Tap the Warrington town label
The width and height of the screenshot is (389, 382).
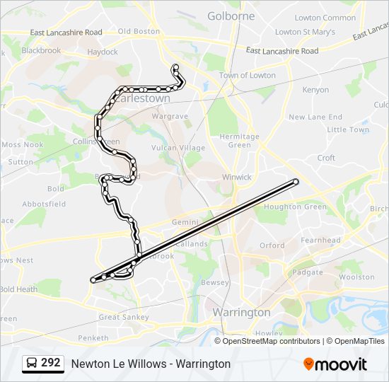(241, 312)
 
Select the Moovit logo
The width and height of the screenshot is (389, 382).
(335, 364)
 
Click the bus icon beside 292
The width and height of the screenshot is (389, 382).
(31, 364)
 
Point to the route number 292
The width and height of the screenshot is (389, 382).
(50, 363)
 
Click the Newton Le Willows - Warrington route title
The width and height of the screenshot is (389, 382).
(151, 364)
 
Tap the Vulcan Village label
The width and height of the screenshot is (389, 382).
(178, 148)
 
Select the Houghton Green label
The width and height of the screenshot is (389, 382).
(295, 207)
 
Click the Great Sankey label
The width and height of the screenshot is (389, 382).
(124, 318)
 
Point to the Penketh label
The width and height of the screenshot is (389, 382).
(93, 338)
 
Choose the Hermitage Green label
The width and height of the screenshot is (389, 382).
(239, 141)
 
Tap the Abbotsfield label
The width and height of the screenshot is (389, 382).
(44, 204)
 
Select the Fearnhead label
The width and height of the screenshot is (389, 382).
(320, 241)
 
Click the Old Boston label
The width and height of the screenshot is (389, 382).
(139, 31)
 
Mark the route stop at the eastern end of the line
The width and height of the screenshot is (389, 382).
(296, 182)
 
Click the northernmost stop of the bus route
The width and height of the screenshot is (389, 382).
(175, 68)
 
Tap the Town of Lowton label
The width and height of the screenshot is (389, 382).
(247, 75)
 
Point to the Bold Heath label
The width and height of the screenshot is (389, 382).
(18, 289)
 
